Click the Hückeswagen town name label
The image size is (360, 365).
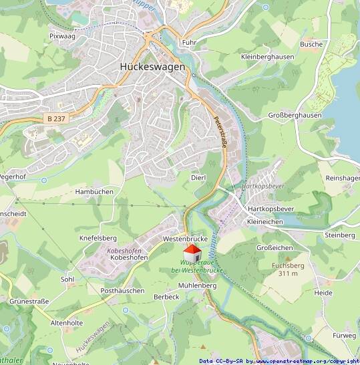(152, 67)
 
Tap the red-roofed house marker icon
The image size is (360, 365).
(192, 254)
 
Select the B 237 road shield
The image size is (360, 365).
(58, 118)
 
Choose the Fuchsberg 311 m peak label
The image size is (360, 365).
(288, 269)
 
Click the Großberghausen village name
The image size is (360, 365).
(295, 116)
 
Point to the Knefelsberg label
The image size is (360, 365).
(98, 238)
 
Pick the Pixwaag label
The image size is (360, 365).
(62, 36)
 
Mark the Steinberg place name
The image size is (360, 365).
(339, 235)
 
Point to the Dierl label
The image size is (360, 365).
(198, 177)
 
